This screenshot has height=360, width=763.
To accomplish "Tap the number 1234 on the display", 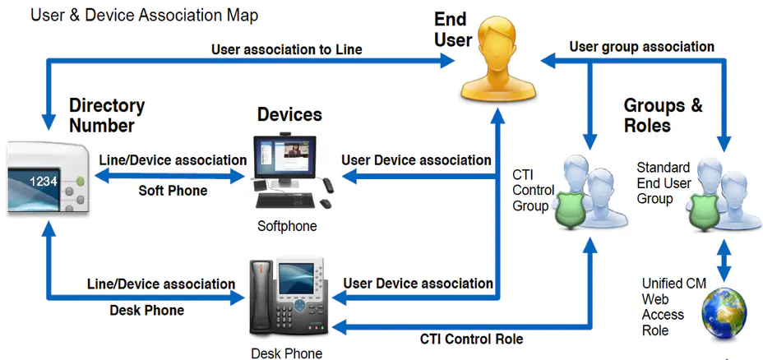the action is pos(44,182).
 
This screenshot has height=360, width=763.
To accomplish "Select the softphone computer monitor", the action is pos(284,159).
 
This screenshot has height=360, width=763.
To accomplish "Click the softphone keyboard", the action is pos(287,201).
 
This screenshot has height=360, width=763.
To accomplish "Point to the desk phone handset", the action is pos(260,296).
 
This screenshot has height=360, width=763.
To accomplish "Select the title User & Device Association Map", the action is pos(145,15).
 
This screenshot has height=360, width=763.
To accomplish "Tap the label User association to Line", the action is pos(287,49).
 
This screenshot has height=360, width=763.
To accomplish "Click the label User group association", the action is pos(642,47).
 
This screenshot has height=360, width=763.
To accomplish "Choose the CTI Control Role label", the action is pos(471,339).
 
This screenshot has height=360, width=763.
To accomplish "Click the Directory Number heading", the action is pos(107,115).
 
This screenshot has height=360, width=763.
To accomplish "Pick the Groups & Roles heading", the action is pos(664,115).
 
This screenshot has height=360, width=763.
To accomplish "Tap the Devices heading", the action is pos(289,115).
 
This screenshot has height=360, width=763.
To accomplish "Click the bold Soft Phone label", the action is pos(173,190).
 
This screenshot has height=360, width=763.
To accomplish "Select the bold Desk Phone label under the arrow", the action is pos(147,311).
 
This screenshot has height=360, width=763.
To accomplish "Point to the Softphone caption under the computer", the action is pos(287,226).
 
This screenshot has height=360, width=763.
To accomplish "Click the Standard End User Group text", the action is pos(664,183).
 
